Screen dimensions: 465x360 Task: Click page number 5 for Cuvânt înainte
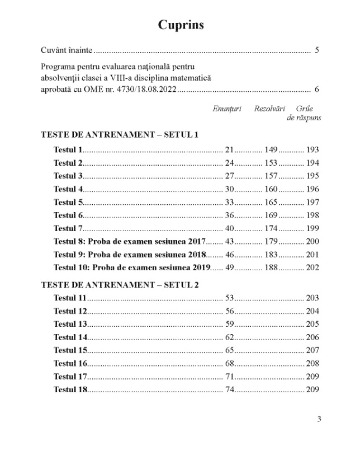tap(317, 50)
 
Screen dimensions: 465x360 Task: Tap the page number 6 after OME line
tap(317, 90)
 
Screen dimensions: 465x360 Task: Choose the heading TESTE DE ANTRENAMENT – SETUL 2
tap(120, 284)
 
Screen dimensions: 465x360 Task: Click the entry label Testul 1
tap(68, 150)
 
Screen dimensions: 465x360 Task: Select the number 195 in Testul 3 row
tap(312, 176)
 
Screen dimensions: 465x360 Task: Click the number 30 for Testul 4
tap(229, 189)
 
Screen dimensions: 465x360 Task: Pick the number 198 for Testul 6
tap(312, 215)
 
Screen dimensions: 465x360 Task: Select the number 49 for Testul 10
tap(229, 267)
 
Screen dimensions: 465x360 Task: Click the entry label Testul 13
tap(70, 324)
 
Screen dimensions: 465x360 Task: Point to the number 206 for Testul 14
tap(312, 337)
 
